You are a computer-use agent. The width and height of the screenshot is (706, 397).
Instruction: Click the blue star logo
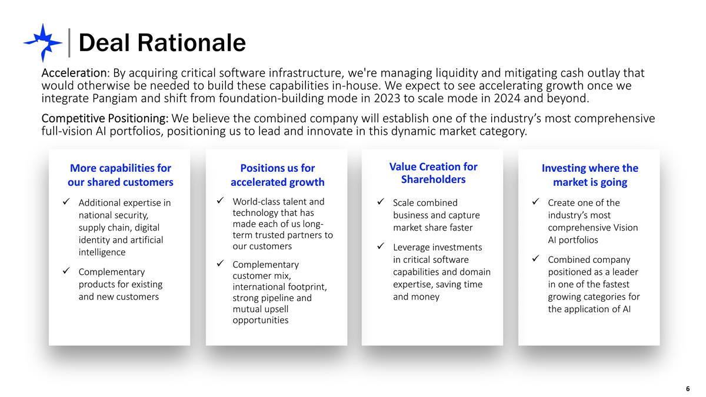pyautogui.click(x=42, y=42)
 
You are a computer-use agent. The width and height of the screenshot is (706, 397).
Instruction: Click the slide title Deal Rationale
pyautogui.click(x=162, y=42)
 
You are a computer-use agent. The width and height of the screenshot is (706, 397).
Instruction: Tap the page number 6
pyautogui.click(x=688, y=389)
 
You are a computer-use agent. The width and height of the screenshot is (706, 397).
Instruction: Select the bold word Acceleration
pyautogui.click(x=74, y=74)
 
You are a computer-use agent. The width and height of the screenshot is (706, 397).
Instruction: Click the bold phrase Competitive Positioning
pyautogui.click(x=105, y=119)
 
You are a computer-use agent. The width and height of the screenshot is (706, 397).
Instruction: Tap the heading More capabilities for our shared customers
pyautogui.click(x=120, y=175)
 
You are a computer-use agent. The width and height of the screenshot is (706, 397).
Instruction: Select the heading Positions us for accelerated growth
pyautogui.click(x=277, y=175)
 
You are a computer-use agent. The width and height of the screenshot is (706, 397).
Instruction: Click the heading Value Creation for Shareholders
pyautogui.click(x=434, y=173)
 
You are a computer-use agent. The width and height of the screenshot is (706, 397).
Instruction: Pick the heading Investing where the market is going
pyautogui.click(x=590, y=175)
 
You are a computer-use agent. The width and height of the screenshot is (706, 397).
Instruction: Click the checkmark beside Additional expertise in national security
pyautogui.click(x=66, y=203)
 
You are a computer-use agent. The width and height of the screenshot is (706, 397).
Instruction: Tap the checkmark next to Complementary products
pyautogui.click(x=66, y=272)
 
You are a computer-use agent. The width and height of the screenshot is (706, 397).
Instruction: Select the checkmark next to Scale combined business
pyautogui.click(x=380, y=203)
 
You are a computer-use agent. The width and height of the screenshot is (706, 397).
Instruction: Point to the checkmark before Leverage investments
pyautogui.click(x=380, y=247)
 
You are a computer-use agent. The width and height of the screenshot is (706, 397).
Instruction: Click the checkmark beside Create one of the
pyautogui.click(x=535, y=203)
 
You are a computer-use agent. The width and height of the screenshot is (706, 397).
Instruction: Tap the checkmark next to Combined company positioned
pyautogui.click(x=535, y=259)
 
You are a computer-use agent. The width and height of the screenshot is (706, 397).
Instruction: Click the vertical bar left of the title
pyautogui.click(x=70, y=42)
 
